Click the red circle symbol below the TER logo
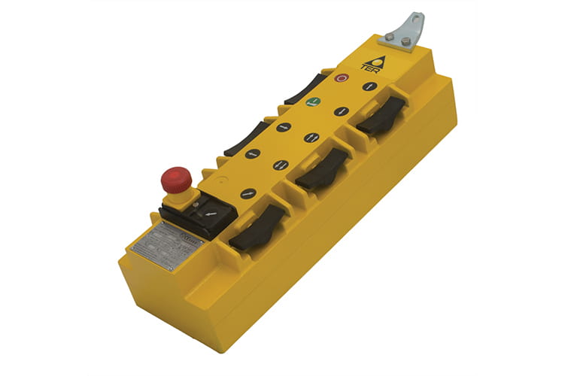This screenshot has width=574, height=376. pyautogui.click(x=342, y=77)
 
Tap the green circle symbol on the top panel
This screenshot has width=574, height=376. pyautogui.click(x=314, y=102)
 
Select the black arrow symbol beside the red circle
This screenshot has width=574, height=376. pyautogui.click(x=369, y=86)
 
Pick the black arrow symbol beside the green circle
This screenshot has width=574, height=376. pyautogui.click(x=340, y=111)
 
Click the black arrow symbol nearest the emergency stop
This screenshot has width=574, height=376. pyautogui.click(x=248, y=193)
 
